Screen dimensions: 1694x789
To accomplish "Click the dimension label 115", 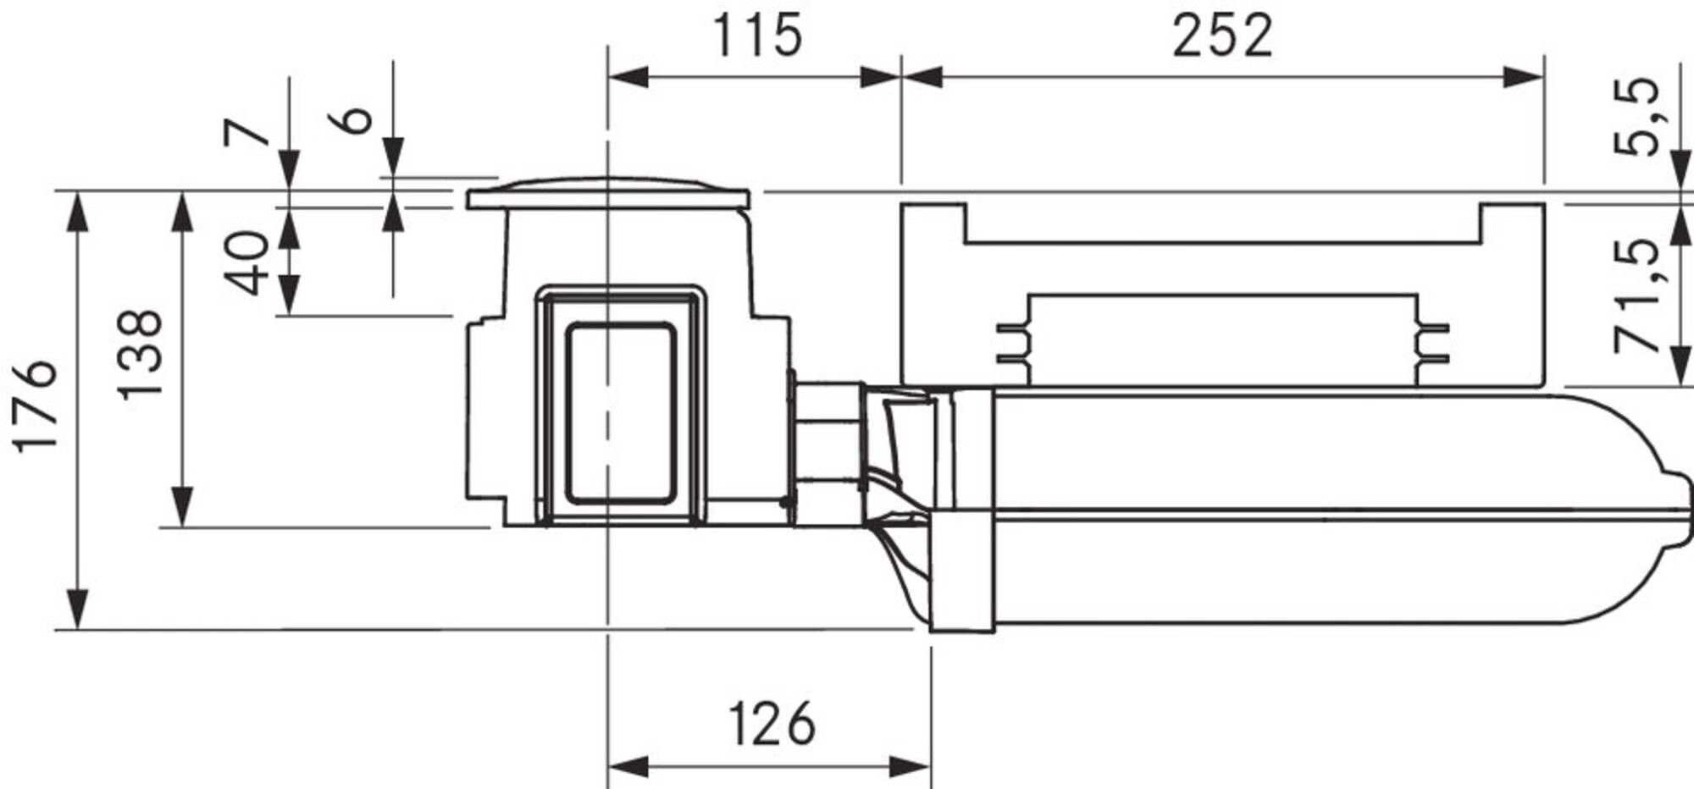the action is (756, 36).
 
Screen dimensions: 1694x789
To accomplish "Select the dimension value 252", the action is (1222, 36).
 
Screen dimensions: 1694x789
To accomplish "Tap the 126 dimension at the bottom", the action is (772, 724).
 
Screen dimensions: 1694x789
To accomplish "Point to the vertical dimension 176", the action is (36, 406).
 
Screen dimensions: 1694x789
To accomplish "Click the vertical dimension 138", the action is (140, 355).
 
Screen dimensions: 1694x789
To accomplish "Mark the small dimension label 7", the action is (246, 133).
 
